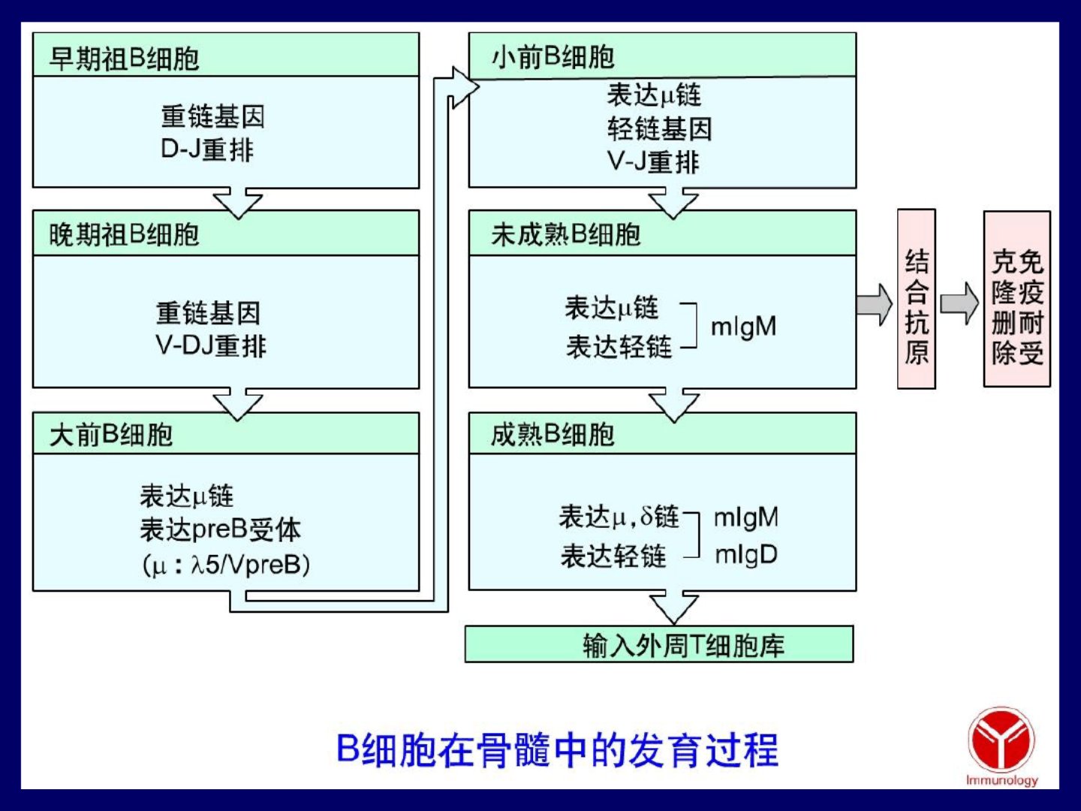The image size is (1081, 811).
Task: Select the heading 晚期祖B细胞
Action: [x=124, y=234]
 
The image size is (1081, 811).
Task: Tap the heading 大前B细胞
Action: [x=111, y=436]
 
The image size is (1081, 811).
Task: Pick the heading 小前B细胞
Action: [x=553, y=57]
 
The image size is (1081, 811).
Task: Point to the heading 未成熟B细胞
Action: [x=566, y=234]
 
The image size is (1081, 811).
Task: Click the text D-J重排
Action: [x=207, y=149]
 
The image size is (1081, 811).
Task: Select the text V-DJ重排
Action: [x=211, y=345]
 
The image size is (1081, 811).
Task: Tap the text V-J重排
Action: [x=653, y=161]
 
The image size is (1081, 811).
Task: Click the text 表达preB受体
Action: [x=220, y=530]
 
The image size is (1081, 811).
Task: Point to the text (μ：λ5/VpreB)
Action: [x=226, y=565]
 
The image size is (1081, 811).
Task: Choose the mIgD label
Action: [x=746, y=555]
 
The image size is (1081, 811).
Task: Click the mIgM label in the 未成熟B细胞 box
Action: [x=744, y=327]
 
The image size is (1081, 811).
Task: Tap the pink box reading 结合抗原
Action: [x=917, y=299]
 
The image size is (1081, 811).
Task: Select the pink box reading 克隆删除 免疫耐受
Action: [x=1017, y=299]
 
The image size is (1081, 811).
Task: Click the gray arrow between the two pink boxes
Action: [x=959, y=304]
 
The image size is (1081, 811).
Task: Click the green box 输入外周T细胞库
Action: [x=659, y=644]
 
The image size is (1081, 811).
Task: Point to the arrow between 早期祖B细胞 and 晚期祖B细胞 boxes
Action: [x=238, y=203]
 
